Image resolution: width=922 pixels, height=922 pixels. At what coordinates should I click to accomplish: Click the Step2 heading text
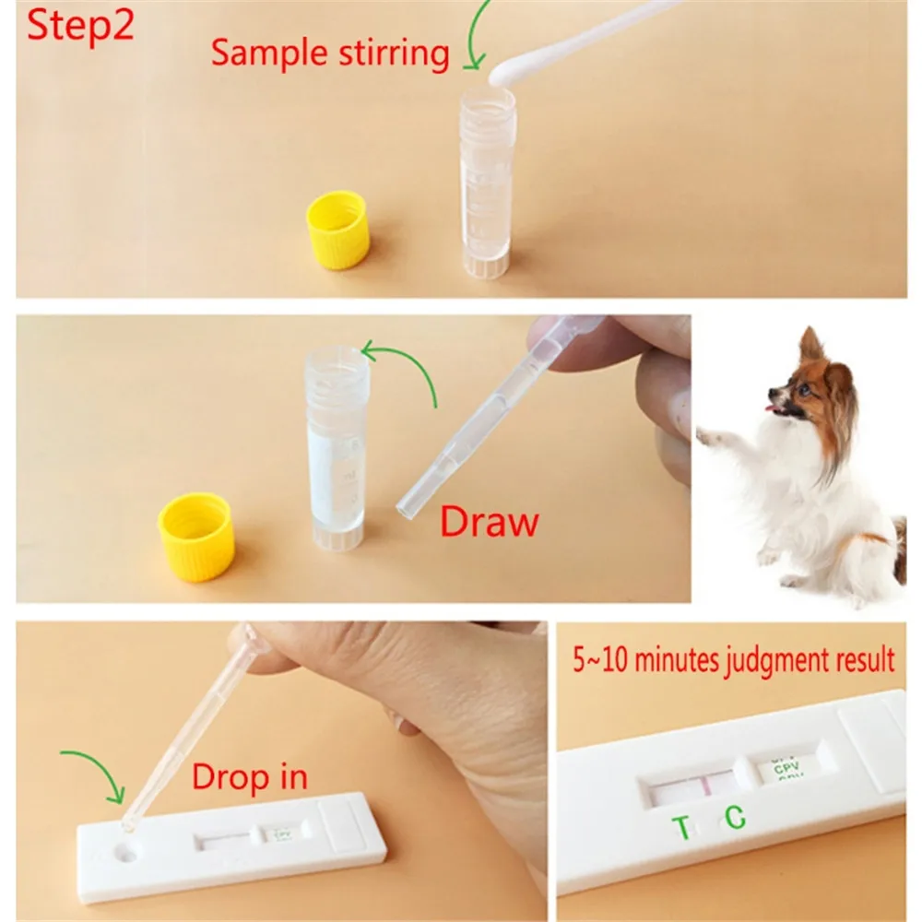coord(81,25)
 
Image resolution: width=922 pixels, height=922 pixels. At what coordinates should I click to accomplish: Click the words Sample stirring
coord(330,53)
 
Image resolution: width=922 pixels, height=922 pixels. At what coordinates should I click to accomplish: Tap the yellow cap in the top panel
coord(337,230)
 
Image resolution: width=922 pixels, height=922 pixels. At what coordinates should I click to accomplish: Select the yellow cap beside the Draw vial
coord(195,537)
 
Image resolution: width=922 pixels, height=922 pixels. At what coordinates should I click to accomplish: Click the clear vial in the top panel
coord(485,184)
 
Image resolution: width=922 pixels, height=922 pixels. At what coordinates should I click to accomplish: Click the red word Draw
coord(489,522)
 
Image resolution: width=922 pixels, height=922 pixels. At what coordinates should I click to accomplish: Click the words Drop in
coord(249,776)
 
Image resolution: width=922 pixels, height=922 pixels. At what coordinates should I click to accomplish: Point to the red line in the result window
coord(704,786)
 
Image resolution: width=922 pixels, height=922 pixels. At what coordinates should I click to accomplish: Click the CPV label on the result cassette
coord(784,764)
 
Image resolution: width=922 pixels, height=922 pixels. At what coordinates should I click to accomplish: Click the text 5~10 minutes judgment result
coord(730,660)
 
